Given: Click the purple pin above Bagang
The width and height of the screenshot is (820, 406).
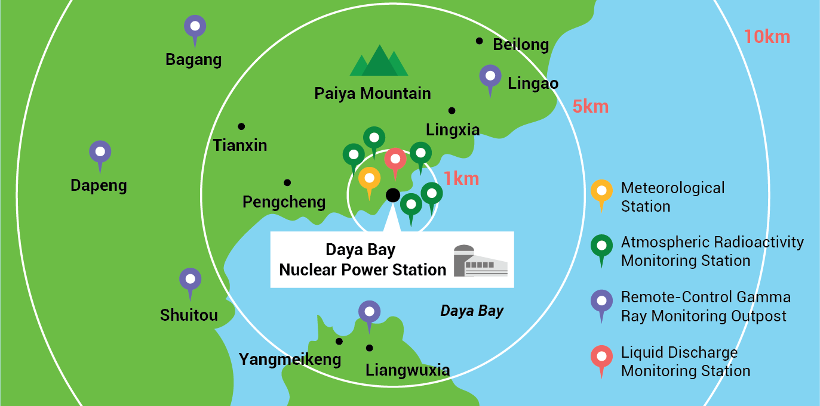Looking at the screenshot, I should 195,27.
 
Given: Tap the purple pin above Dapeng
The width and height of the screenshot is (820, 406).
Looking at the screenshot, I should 100,154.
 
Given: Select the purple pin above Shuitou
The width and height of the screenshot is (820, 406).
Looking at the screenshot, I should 191,281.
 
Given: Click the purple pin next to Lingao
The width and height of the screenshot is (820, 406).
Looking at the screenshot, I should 490,78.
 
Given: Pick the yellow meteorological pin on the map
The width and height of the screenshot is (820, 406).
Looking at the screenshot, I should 369,179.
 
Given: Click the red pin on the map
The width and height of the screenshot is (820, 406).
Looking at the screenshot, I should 395,161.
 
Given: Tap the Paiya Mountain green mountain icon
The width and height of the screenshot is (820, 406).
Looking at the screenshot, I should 379,61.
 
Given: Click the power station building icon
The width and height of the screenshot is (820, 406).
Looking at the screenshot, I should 480,261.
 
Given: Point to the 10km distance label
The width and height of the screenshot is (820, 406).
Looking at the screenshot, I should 766,37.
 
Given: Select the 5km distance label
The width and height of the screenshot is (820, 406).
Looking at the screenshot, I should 590,107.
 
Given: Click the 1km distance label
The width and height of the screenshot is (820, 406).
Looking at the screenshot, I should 461,178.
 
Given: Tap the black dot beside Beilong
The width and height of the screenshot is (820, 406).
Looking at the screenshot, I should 479,41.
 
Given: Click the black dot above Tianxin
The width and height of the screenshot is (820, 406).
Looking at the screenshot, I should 241,126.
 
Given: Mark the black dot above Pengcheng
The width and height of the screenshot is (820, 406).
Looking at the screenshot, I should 287,182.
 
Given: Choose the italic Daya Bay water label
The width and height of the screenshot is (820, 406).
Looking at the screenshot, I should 472,311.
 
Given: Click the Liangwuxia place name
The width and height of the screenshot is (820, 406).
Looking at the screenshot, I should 407,370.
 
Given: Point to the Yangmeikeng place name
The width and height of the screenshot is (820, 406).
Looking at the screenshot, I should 290,359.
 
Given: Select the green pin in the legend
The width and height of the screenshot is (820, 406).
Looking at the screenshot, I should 601,247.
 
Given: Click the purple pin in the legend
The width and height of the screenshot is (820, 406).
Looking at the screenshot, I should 601,302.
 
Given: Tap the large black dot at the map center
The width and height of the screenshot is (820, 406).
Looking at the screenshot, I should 392,195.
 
